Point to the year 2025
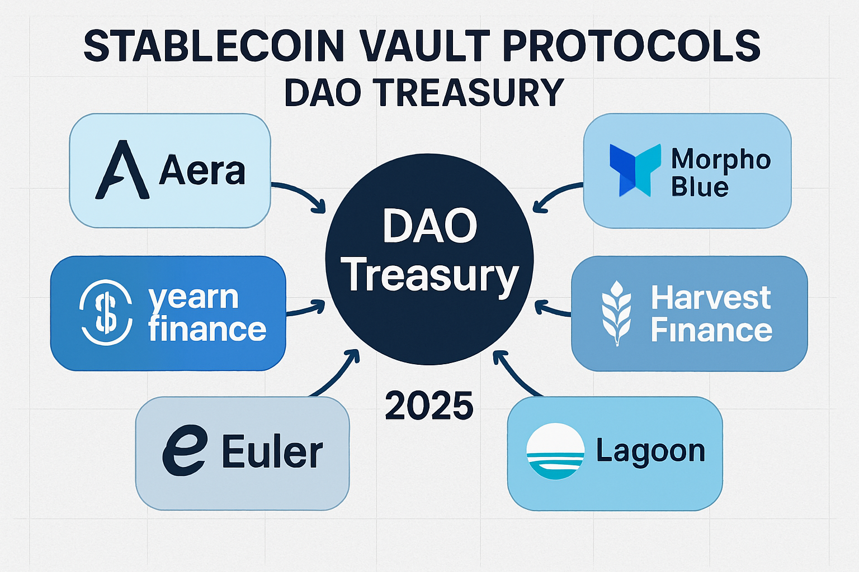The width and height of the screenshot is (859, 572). coord(429,406)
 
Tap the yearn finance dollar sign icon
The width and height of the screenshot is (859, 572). coord(106,312)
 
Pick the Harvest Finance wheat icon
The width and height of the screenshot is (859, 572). coord(616,313)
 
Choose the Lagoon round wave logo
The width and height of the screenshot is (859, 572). coord(555,451)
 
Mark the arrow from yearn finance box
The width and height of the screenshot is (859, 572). coord(305,309)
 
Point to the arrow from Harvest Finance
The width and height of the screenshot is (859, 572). coord(553,309)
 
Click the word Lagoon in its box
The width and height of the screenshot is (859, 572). coord(650,451)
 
